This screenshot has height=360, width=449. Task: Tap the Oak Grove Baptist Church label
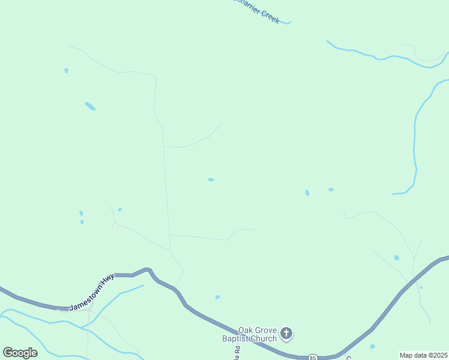[x=258, y=334]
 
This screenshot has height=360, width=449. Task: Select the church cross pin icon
[x=287, y=333]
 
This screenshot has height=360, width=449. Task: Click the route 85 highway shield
[x=313, y=358]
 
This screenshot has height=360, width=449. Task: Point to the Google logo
[x=20, y=353]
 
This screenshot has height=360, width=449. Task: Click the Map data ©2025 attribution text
[x=423, y=355]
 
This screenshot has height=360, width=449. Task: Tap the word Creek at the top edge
[x=270, y=16]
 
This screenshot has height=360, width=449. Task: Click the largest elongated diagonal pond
[x=90, y=106]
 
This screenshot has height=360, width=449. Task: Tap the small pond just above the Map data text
[x=373, y=347]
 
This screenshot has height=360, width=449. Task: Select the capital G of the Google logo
[x=8, y=353]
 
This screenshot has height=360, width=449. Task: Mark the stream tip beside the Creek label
[x=289, y=23]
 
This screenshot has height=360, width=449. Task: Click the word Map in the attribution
[x=406, y=355]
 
